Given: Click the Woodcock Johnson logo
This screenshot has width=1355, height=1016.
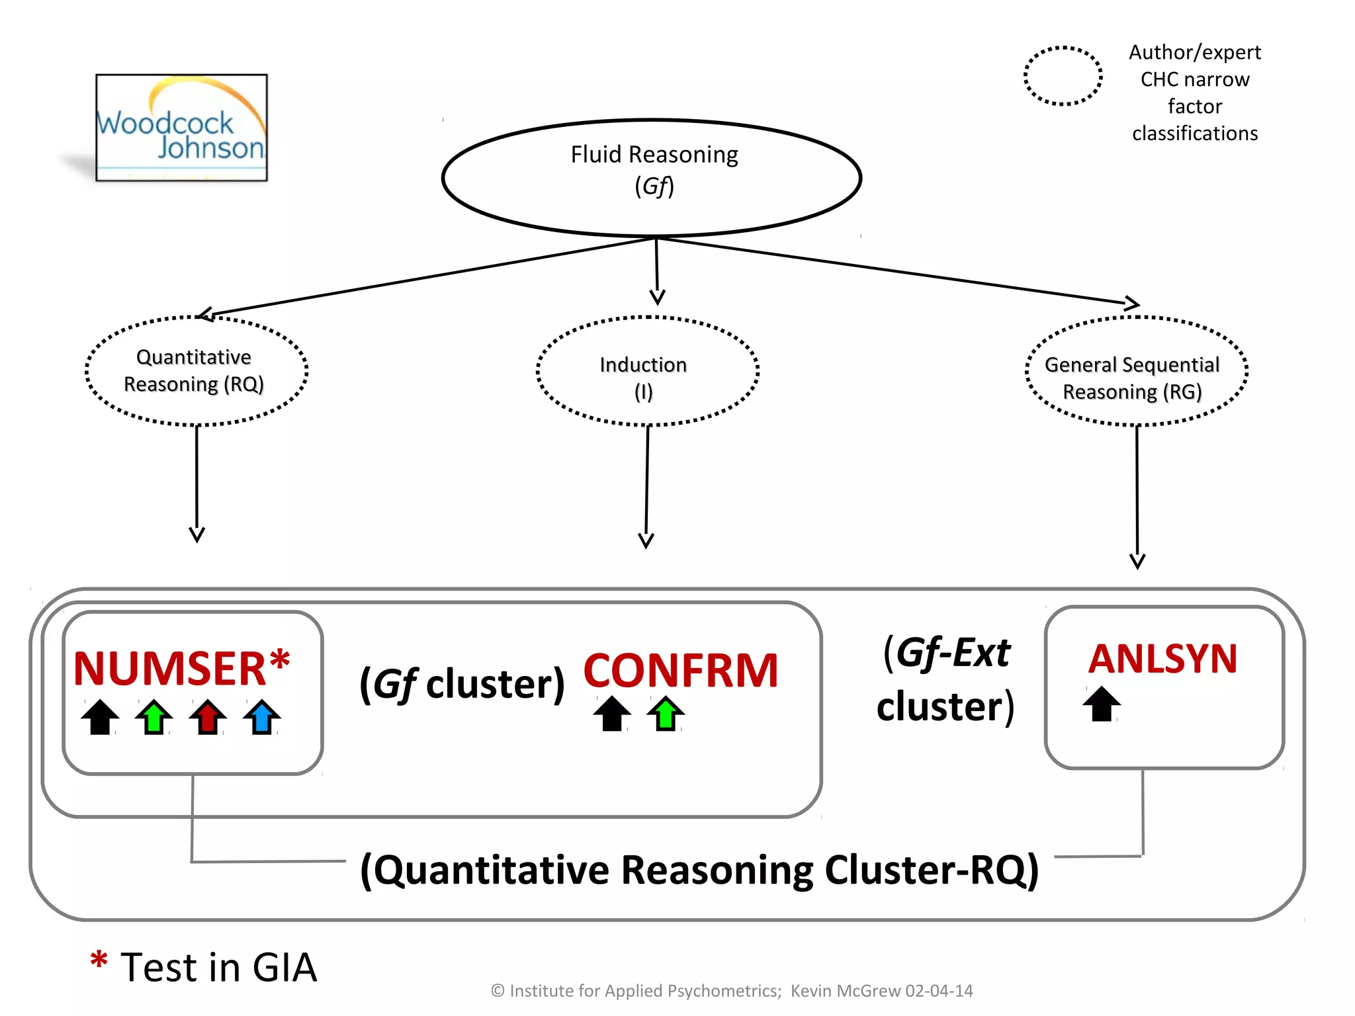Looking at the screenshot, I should [181, 128].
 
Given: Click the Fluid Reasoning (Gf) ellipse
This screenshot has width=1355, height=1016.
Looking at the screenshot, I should [652, 177].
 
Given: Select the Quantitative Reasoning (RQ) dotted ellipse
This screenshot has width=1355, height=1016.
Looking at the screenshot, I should [197, 370].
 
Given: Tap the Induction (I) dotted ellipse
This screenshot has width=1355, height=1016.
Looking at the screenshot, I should [646, 371].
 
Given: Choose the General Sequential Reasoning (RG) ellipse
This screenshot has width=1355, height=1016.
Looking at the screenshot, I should [1136, 371].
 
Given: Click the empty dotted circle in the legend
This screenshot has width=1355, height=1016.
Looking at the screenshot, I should [1063, 76].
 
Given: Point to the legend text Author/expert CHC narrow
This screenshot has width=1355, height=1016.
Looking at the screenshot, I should [1194, 65].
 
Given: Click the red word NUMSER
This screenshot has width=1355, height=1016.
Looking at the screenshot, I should [169, 669].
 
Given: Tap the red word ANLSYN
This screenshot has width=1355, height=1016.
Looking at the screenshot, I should [1162, 659].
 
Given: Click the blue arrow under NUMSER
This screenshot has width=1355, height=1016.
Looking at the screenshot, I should [262, 717].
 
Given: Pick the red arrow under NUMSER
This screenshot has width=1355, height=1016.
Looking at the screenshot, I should [208, 717].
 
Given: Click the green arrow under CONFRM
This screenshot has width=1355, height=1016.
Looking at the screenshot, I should [666, 714].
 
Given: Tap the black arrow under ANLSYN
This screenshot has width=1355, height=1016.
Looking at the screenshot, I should [1102, 704].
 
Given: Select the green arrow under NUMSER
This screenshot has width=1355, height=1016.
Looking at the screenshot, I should [153, 717].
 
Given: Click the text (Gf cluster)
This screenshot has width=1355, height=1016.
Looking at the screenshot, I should [462, 683].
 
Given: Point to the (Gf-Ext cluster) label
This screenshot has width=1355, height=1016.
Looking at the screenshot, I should [946, 679].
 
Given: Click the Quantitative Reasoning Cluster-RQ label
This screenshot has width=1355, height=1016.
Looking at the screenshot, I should [699, 870].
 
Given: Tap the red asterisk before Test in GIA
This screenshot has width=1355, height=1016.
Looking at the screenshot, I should [99, 960].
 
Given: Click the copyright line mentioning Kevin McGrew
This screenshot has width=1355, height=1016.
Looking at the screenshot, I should [732, 991].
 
